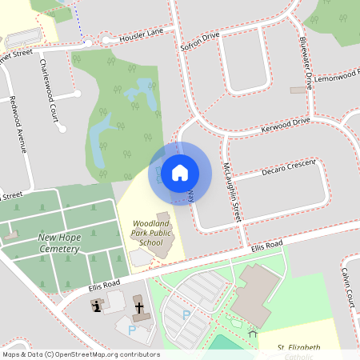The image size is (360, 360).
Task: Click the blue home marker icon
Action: tap(180, 173)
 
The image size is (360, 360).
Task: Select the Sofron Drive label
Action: tap(199, 42)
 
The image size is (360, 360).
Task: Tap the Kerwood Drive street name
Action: tap(285, 125)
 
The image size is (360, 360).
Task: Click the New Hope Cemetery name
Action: tap(58, 243)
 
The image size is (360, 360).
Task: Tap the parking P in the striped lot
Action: tap(186, 315)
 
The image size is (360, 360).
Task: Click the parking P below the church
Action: tap(131, 329)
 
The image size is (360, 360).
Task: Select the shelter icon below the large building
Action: tap(252, 334)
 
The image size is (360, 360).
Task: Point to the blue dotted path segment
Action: tap(80, 20)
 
